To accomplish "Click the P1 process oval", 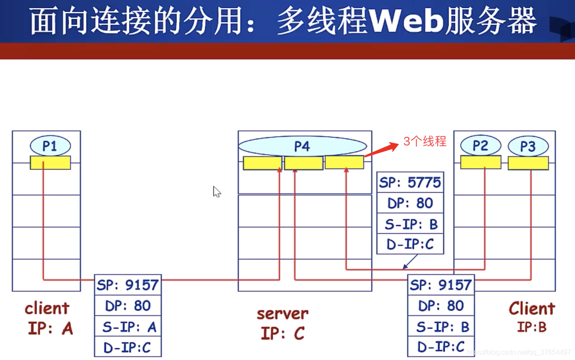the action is tap(50, 146).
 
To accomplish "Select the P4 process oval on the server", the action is tap(302, 146).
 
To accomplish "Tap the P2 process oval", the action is tap(480, 146).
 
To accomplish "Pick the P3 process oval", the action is tap(528, 146).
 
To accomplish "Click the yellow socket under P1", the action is tap(50, 162).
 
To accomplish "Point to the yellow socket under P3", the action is tap(528, 163).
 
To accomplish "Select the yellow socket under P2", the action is tap(480, 162).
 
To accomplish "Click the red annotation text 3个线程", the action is tap(425, 142).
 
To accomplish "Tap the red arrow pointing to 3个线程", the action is tap(381, 150).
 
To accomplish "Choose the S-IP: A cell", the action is tap(128, 327).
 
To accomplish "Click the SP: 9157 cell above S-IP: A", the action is tap(128, 285).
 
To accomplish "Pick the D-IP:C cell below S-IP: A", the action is tap(128, 347).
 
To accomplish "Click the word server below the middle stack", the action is tap(282, 313).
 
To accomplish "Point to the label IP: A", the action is tap(50, 328).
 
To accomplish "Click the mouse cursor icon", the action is tap(216, 192).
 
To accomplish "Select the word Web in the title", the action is tap(405, 21).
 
